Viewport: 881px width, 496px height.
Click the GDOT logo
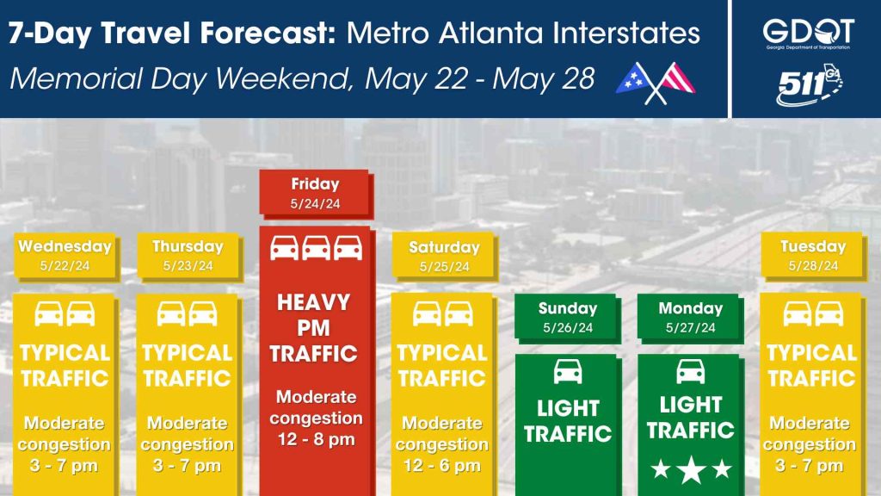[809, 34]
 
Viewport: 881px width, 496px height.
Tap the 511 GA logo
[809, 85]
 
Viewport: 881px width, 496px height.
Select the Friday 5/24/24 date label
[315, 194]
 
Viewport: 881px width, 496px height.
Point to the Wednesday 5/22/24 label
[65, 256]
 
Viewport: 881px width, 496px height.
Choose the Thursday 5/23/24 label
[188, 256]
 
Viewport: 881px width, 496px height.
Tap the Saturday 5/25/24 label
[445, 257]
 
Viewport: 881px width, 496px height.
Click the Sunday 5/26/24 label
[568, 318]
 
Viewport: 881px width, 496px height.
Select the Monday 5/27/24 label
[691, 318]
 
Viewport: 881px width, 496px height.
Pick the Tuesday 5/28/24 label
[813, 256]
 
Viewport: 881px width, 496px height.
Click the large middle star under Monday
[691, 469]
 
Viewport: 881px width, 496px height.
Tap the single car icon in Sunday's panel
[568, 372]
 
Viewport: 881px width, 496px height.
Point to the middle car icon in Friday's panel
[317, 248]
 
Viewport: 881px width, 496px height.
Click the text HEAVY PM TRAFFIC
[313, 328]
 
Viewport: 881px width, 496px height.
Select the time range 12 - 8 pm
[317, 438]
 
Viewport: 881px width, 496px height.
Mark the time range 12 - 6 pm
[442, 465]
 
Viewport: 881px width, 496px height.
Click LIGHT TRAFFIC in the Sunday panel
[568, 420]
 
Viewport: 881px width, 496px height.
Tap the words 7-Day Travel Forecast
[172, 34]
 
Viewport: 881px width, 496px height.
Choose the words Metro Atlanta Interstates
[523, 34]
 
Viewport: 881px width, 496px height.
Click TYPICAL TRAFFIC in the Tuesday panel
[812, 365]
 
